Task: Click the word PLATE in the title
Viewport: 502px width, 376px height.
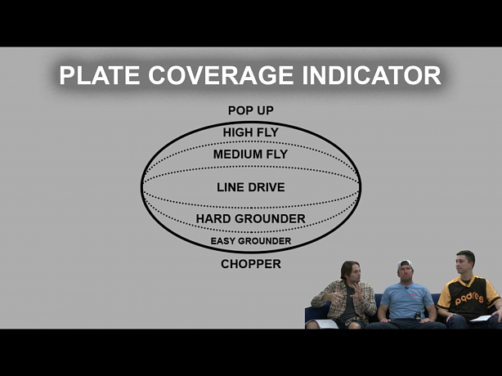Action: pos(100,75)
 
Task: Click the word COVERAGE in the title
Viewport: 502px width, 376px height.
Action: pos(221,75)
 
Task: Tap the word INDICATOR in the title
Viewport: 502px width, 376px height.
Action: pos(372,75)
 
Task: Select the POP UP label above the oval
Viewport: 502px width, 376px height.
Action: pos(251,110)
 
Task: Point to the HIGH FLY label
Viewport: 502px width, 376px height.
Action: pos(251,132)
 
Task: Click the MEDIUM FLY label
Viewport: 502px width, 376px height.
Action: pos(251,154)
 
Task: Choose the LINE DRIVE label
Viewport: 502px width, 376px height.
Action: pos(251,187)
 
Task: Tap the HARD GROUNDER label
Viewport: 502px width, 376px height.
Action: pos(251,219)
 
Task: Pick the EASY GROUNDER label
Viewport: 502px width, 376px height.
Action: pos(251,241)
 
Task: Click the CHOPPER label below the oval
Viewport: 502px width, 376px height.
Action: pos(251,264)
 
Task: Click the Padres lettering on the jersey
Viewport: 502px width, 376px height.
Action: pos(469,298)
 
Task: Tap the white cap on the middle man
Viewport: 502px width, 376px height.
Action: pos(405,264)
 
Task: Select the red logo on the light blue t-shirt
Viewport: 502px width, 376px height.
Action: pos(414,294)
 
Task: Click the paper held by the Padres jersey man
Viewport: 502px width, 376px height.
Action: pos(480,319)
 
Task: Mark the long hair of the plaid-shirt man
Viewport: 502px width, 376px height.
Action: pos(347,271)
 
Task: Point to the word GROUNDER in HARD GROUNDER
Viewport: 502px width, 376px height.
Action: pos(270,219)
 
